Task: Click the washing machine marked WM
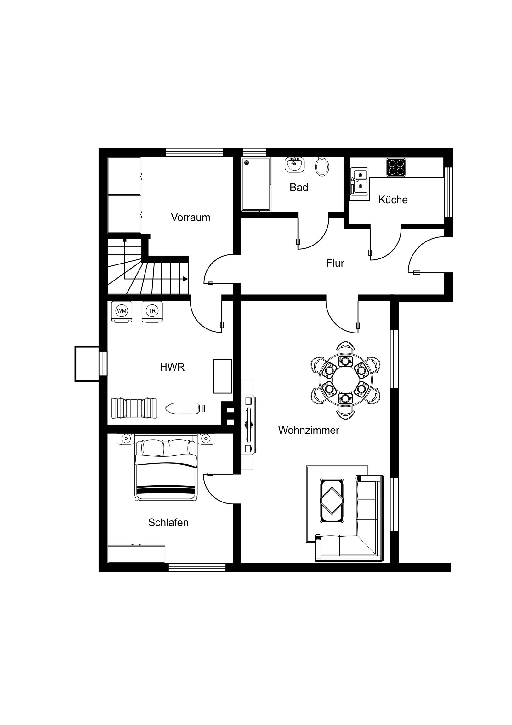point(122,312)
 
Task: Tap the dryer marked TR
point(152,312)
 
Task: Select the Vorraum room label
point(191,217)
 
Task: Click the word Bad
point(299,187)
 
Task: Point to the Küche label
point(393,200)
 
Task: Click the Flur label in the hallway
point(335,263)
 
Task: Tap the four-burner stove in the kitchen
point(396,167)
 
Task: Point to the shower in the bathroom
point(256,184)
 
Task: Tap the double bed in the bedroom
point(166,468)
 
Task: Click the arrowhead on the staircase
point(185,279)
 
